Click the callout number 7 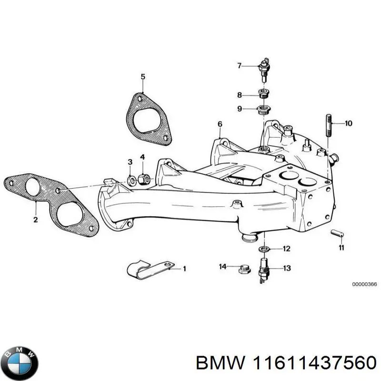pos(240,66)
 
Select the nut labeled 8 pos(264,93)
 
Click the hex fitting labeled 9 pos(264,109)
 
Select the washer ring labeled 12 pos(263,249)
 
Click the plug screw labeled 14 pos(241,270)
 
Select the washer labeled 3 pos(130,180)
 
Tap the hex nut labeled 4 pos(143,180)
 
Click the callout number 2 pos(35,220)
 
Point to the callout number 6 pos(220,124)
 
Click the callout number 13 pos(287,269)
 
